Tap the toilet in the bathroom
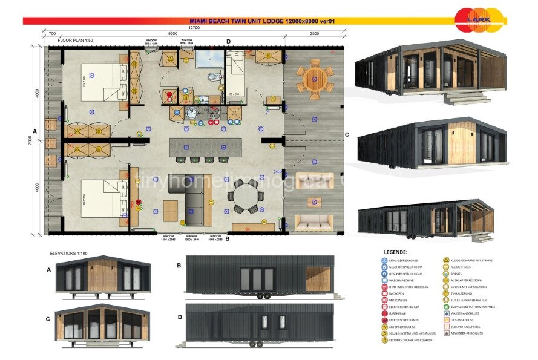pos(212,77)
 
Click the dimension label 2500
pos(313,34)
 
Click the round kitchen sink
pos(192,112)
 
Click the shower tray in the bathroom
pos(209,59)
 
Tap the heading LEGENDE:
pos(396,252)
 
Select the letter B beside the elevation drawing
pos(179,265)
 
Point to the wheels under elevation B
pos(263,296)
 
